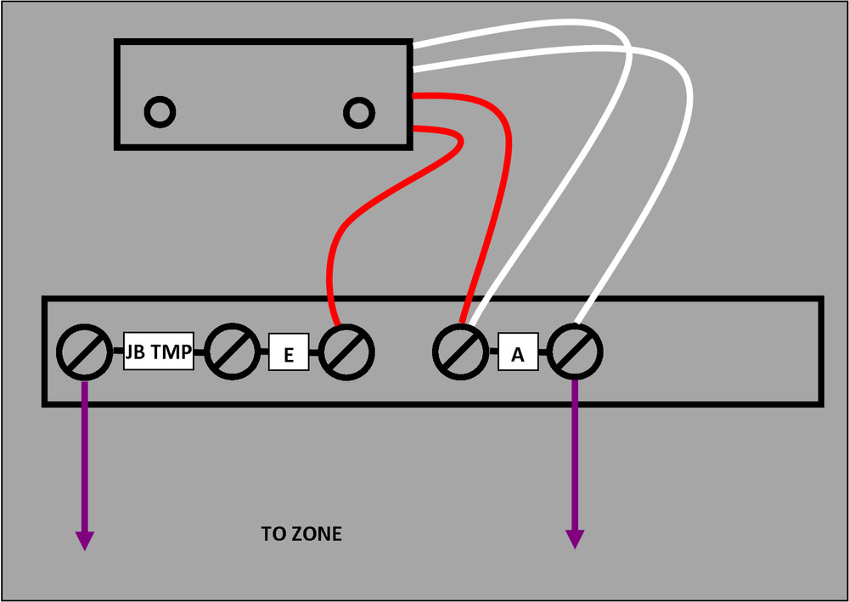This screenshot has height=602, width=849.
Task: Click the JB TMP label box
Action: pos(160,351)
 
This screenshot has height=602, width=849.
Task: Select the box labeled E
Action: pos(289,352)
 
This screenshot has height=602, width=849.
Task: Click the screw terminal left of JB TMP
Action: pos(85,351)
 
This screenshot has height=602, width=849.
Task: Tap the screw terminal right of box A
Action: pos(575,351)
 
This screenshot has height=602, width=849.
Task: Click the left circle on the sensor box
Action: pos(160,110)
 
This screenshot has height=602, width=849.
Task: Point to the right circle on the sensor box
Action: pos(358,110)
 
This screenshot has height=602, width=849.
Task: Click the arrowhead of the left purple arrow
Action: pos(85,539)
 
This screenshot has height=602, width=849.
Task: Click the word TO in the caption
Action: pos(273,535)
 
